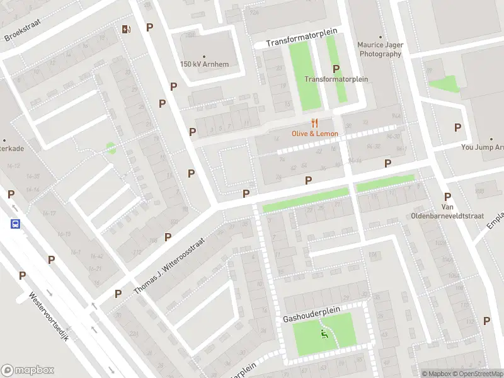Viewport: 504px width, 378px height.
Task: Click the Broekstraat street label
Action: pos(23,28)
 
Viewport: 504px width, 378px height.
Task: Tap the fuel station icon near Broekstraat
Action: pos(126,28)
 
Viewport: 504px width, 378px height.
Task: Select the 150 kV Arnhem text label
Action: pos(204,64)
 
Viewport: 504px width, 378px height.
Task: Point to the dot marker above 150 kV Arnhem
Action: pos(204,55)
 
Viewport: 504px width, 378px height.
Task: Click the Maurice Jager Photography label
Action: pos(379,49)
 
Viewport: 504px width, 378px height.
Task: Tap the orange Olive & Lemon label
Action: pos(314,134)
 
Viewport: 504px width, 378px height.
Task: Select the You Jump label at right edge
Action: pos(483,147)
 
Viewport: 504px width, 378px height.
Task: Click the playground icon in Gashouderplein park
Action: pos(324,334)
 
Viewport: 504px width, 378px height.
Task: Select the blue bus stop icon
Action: pos(14,224)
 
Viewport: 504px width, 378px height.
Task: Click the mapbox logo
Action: pos(28,370)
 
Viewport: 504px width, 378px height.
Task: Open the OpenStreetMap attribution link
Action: pos(478,374)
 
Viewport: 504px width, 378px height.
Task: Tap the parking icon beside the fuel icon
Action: pos(149,27)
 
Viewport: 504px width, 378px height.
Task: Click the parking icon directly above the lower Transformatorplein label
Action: pos(336,69)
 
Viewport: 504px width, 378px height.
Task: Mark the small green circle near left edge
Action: pos(111,148)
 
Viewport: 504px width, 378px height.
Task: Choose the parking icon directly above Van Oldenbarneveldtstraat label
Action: pos(447,197)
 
